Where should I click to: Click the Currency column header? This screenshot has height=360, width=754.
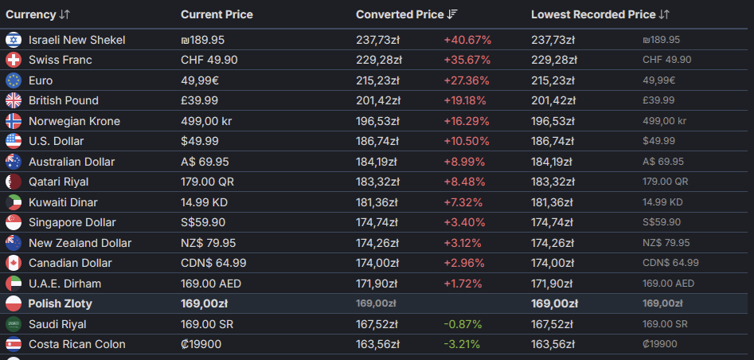click(x=31, y=14)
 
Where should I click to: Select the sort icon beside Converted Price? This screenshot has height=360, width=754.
click(x=452, y=14)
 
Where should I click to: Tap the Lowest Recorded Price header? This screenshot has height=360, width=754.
click(x=593, y=14)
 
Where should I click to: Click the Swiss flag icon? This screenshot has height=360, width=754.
click(x=14, y=61)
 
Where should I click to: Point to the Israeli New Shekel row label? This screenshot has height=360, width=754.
click(x=77, y=40)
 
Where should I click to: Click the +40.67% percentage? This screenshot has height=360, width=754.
click(x=467, y=40)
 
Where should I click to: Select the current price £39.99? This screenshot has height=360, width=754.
click(x=200, y=100)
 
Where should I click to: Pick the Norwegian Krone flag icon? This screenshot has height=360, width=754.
click(x=14, y=121)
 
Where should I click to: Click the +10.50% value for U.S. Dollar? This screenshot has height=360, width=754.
click(x=467, y=141)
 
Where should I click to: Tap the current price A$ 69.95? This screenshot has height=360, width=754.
click(x=205, y=162)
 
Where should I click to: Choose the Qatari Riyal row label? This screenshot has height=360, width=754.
click(x=59, y=182)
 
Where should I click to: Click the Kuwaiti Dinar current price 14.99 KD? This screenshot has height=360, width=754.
click(x=204, y=202)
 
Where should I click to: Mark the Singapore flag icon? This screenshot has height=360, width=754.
click(x=14, y=222)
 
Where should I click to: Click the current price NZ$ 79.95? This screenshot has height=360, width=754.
click(x=209, y=243)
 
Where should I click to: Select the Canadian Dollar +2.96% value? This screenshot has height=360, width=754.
click(x=464, y=264)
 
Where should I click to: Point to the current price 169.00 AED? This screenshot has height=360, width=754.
click(x=211, y=284)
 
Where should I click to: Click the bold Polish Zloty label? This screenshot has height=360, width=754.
click(x=60, y=303)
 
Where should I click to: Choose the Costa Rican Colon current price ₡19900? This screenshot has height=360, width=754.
click(x=201, y=345)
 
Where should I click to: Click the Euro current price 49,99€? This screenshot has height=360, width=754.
click(x=200, y=80)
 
